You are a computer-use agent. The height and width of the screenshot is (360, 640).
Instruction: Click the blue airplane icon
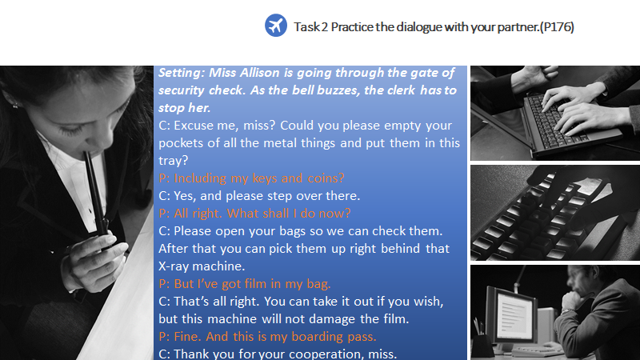276,26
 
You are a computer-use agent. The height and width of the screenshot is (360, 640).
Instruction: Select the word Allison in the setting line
259,73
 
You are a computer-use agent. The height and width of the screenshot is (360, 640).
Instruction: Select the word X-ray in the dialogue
174,266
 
